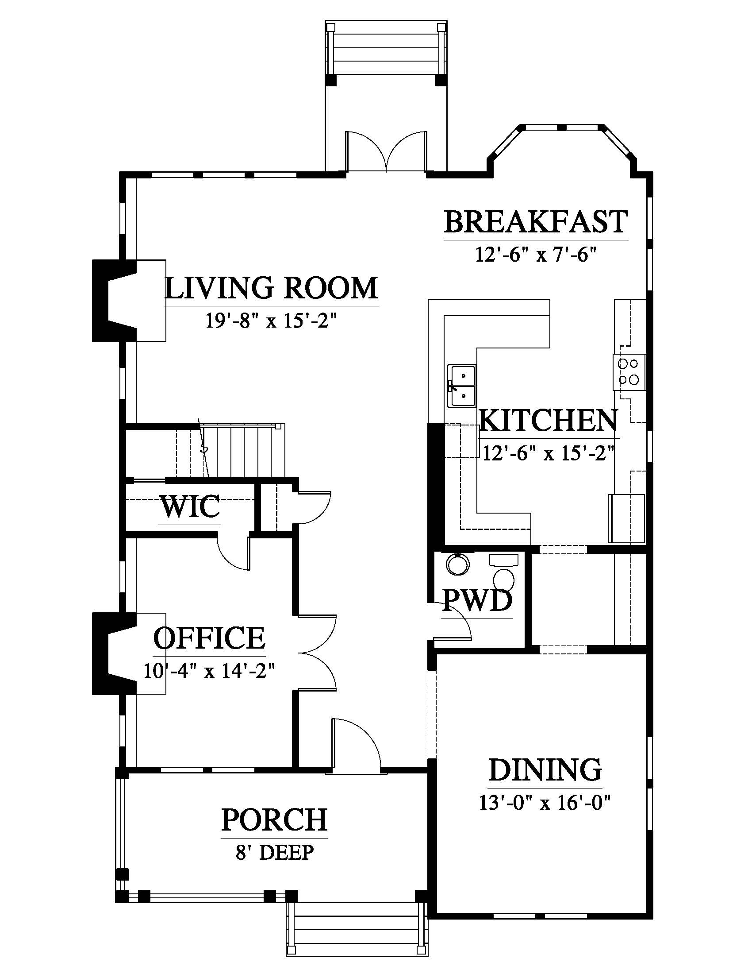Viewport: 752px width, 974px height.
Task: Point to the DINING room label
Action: point(545,770)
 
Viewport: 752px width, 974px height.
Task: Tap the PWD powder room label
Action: point(477,600)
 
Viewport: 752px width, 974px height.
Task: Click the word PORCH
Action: point(274,819)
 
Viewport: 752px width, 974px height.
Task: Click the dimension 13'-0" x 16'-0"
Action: point(545,803)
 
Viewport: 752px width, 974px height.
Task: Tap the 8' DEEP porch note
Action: point(275,852)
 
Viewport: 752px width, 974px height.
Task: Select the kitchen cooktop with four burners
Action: point(629,372)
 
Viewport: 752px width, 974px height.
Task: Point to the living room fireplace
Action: point(114,301)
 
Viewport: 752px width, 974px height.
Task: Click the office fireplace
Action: point(114,653)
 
